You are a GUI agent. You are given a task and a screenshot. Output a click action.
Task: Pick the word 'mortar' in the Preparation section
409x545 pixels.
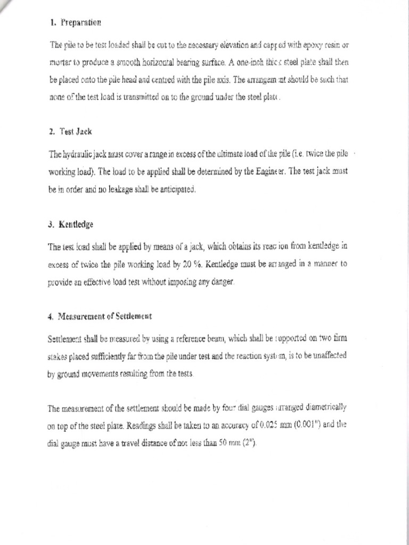(60, 62)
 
